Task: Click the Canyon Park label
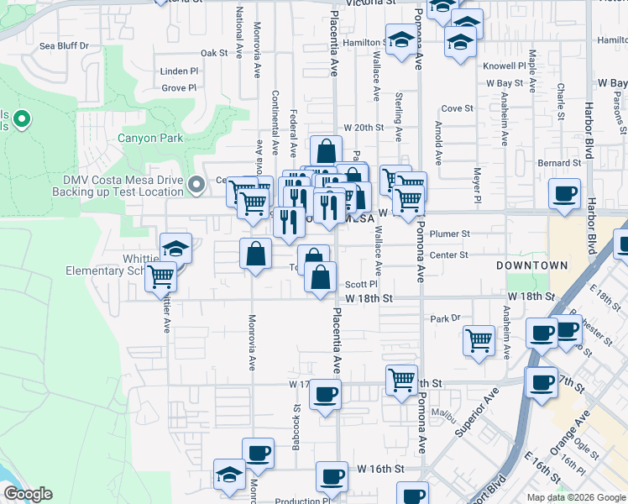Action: point(149,138)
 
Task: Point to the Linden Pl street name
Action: point(179,71)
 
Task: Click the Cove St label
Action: point(458,108)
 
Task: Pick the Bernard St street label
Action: point(560,163)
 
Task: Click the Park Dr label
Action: point(447,318)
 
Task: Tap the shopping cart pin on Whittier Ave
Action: point(160,276)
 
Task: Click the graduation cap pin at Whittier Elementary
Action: point(176,248)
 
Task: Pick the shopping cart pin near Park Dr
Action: point(479,340)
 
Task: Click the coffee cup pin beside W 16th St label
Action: point(332,476)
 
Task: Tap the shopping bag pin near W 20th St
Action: point(325,151)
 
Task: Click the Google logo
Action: point(27,494)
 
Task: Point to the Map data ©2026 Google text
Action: point(576,497)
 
